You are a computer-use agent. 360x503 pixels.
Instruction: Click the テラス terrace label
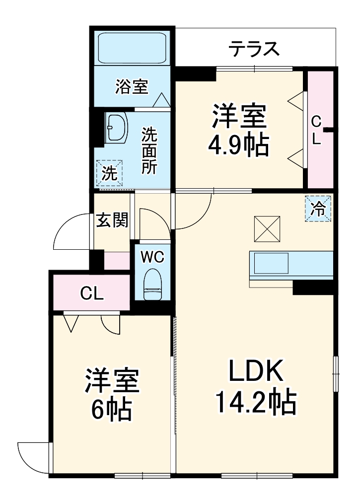click(253, 49)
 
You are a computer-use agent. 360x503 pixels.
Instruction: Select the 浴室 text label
click(132, 87)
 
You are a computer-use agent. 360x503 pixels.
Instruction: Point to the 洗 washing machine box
click(110, 173)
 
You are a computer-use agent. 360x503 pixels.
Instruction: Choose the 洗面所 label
click(149, 150)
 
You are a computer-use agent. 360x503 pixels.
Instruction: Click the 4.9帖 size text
click(239, 146)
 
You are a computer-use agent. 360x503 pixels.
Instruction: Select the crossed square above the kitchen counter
click(266, 228)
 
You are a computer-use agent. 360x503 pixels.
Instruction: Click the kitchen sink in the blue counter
click(271, 263)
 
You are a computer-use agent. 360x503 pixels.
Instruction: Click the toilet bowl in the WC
click(152, 285)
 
